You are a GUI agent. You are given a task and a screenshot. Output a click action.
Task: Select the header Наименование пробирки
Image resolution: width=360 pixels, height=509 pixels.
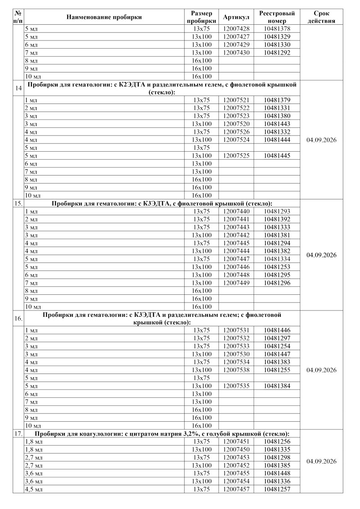click(x=104, y=17)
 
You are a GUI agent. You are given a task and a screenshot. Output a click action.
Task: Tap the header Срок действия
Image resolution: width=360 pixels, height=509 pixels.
click(x=321, y=17)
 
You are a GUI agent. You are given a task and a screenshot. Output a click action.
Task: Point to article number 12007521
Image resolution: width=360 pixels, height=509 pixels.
click(x=236, y=100)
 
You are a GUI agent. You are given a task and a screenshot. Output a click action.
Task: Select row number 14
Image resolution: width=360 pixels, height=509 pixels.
click(x=18, y=88)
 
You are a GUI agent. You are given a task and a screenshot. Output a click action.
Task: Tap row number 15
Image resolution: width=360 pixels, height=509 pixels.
click(x=18, y=203)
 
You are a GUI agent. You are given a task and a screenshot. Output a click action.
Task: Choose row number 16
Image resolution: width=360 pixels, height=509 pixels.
click(x=18, y=318)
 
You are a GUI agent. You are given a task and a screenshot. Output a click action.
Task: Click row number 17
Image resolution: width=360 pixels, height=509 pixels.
click(x=18, y=433)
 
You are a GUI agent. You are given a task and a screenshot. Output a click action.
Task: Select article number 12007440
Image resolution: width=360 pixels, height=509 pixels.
click(x=236, y=211)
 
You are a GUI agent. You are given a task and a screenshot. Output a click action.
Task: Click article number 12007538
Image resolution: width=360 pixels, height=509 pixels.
click(x=236, y=370)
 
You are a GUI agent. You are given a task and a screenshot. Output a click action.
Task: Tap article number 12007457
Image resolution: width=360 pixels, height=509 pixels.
click(x=236, y=489)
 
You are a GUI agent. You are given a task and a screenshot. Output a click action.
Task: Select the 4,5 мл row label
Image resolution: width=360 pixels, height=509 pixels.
click(x=33, y=489)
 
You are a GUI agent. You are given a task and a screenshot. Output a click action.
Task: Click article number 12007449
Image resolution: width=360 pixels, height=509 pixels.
click(x=236, y=283)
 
